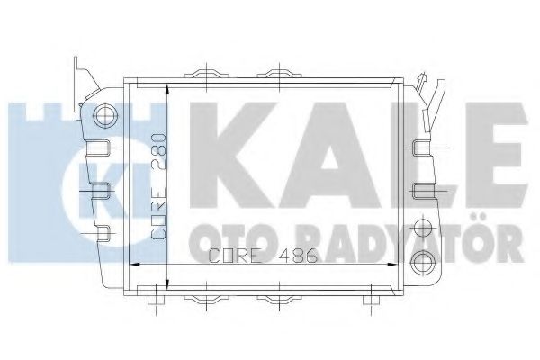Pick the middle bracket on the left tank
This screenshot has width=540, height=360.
pos(102,188)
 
